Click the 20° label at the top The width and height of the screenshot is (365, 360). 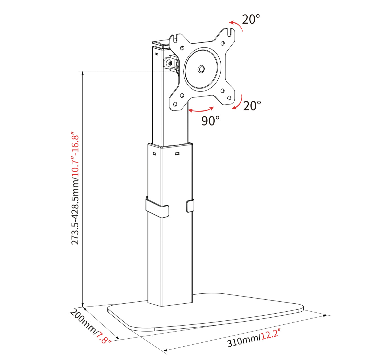tap(251, 19)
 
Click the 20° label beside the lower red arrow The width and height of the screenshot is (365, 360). tap(252, 106)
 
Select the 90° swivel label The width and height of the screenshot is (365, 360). tap(210, 121)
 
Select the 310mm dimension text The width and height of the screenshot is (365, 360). tap(243, 341)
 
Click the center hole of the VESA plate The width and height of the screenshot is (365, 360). tap(201, 69)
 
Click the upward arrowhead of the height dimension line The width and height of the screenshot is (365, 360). tap(83, 73)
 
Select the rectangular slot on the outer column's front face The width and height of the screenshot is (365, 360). tap(177, 154)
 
